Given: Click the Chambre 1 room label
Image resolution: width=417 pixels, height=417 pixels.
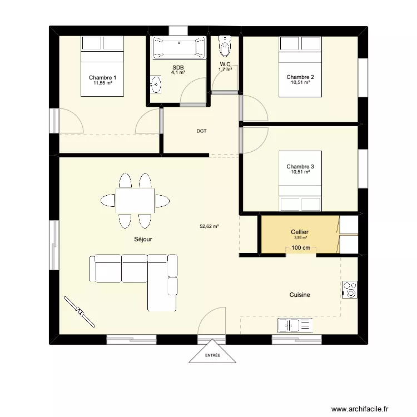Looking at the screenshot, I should point(102,77).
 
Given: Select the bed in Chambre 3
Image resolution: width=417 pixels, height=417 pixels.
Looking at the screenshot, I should point(300,181).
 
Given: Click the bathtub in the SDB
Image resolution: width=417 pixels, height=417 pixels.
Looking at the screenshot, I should point(179,47).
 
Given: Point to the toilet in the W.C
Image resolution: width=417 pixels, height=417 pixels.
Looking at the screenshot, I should point(225,47).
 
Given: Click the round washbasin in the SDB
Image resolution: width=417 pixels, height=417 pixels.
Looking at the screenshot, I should point(156,85).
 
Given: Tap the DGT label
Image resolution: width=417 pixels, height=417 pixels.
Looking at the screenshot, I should point(201,131).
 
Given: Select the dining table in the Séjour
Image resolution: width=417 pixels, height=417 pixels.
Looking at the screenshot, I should point(135,201).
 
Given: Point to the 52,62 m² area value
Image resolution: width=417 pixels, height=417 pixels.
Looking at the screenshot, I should point(209,226).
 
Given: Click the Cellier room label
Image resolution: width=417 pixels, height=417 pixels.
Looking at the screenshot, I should point(300,232).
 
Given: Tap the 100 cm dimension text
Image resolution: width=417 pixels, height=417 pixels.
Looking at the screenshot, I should point(300,247).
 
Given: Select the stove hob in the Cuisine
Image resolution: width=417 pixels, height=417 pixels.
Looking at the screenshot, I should point(350,289).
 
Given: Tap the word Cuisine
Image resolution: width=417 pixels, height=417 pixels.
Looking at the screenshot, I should point(300,295).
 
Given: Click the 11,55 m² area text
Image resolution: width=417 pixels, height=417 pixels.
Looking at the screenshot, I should point(102,83).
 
